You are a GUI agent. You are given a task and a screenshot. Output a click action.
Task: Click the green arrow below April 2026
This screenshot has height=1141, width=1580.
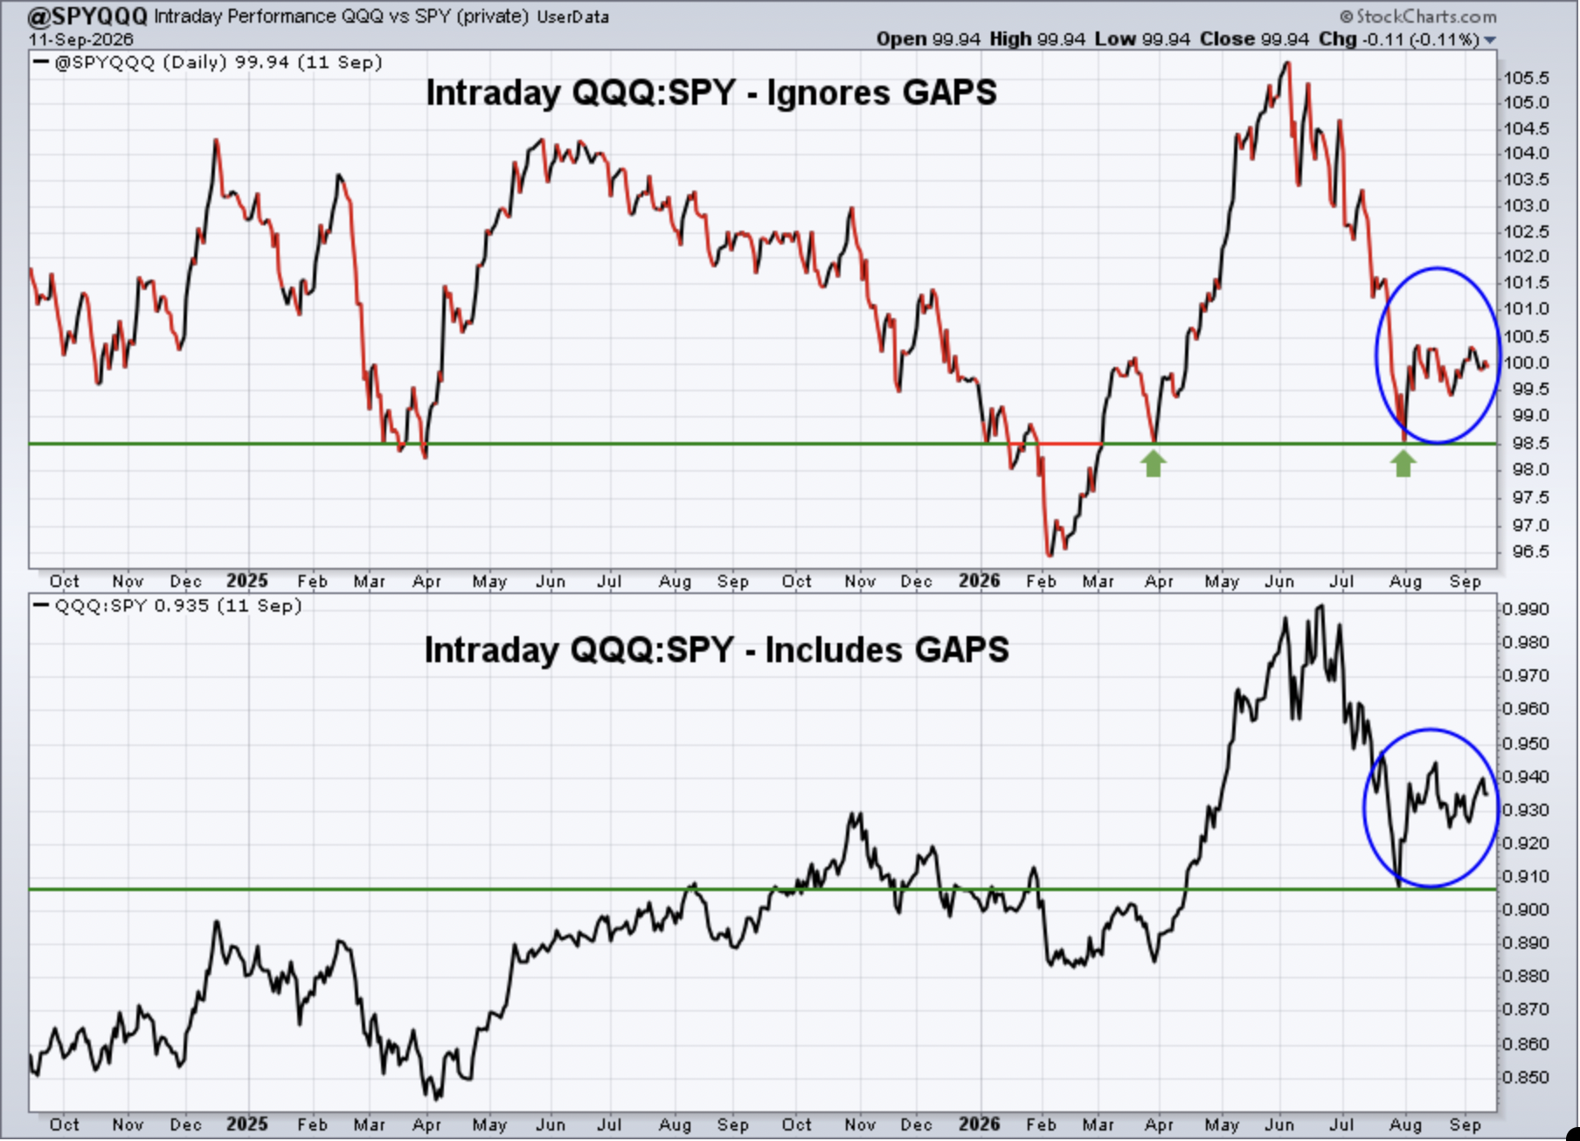[1154, 464]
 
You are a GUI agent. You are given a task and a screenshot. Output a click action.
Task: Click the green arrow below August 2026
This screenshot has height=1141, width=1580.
[1403, 464]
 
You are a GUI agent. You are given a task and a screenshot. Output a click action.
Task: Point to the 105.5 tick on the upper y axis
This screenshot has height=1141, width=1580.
[1526, 78]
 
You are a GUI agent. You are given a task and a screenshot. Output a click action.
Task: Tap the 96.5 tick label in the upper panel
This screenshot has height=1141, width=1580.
[1526, 551]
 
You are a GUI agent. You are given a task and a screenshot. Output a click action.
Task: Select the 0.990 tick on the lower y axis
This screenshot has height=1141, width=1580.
[1526, 609]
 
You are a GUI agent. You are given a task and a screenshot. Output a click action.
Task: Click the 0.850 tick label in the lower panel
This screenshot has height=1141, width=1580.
[1526, 1077]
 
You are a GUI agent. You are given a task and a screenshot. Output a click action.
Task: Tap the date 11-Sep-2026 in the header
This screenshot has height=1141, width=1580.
[80, 39]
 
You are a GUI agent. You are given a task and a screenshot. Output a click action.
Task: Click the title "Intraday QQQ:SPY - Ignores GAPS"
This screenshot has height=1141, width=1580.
[710, 93]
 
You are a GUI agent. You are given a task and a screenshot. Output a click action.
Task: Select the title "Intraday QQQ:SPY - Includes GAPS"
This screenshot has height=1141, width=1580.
[717, 650]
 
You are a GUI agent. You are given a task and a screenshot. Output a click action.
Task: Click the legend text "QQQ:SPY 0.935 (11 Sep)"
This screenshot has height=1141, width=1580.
[177, 605]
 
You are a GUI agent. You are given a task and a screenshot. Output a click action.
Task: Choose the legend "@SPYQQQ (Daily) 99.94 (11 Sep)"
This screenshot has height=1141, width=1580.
[218, 63]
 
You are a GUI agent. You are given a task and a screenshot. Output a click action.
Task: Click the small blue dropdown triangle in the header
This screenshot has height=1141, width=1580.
[1490, 40]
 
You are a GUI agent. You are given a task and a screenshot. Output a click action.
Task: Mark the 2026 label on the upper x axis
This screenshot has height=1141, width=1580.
[979, 581]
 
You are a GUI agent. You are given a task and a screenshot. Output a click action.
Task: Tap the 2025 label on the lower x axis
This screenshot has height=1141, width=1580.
[246, 1124]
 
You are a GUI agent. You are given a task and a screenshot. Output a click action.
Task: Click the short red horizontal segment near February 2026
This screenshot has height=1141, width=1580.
[1071, 444]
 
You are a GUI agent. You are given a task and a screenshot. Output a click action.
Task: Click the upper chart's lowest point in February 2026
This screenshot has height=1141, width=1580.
[1050, 554]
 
